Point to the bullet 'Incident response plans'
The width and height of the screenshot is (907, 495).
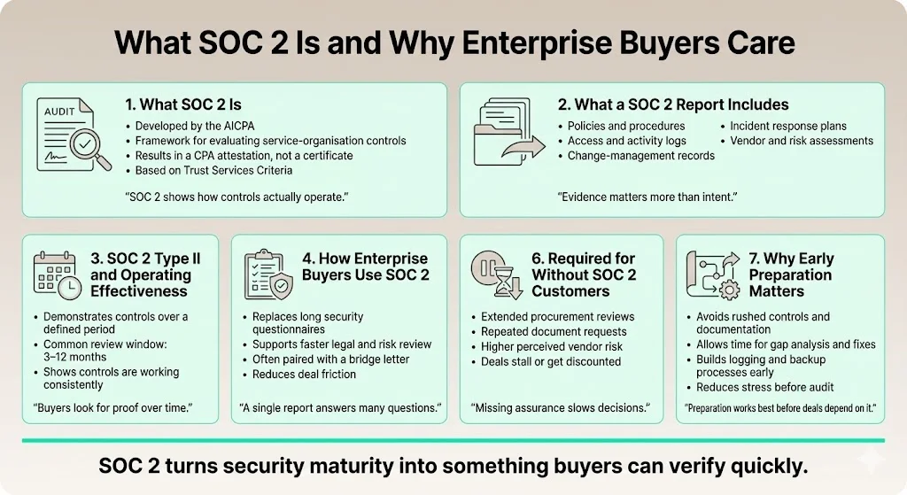(788, 127)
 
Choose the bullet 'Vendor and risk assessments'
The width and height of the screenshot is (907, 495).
(802, 141)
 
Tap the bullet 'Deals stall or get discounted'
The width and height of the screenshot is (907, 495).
(551, 361)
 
